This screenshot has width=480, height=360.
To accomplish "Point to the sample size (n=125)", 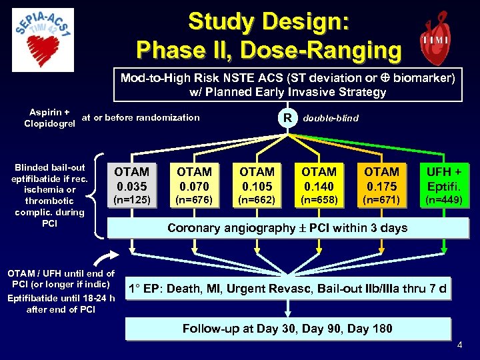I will click(x=132, y=199).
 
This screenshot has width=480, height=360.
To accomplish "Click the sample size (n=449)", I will click(x=443, y=199).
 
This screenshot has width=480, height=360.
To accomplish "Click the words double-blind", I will click(x=331, y=118).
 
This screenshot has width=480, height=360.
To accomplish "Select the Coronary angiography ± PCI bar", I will click(x=287, y=228).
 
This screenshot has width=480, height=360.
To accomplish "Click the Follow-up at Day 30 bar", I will click(x=287, y=328).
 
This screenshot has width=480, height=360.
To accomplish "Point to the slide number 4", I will click(x=459, y=345).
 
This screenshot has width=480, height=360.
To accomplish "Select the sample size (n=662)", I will click(x=257, y=199).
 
